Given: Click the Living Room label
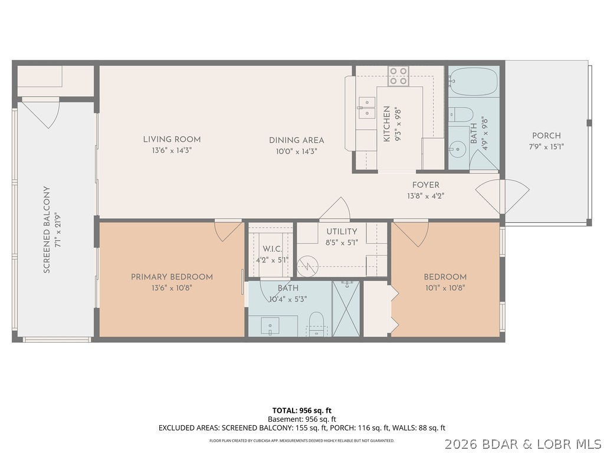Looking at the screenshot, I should [172, 140].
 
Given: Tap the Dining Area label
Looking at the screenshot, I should [297, 140].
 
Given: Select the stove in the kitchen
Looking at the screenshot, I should [398, 75].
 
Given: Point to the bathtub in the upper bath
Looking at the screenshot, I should [474, 82].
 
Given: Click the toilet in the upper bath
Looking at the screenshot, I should [461, 114].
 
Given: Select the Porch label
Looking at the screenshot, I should [546, 136].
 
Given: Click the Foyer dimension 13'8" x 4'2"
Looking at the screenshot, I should [425, 196].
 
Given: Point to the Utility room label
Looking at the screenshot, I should [342, 231].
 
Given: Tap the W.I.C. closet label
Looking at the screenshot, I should [272, 249].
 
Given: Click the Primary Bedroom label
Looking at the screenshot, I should [172, 277].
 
